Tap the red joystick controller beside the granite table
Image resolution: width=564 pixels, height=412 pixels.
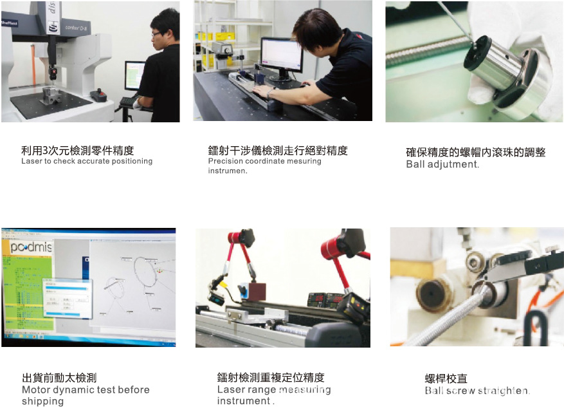click(98, 95)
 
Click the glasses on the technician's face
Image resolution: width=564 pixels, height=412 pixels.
click(156, 34)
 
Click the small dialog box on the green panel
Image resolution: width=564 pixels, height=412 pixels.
click(65, 296)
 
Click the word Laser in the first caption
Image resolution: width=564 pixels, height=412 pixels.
click(30, 162)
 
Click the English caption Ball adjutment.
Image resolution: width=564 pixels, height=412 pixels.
click(442, 164)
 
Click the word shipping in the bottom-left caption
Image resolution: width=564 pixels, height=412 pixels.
click(42, 401)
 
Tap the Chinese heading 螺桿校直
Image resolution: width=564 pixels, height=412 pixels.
click(446, 379)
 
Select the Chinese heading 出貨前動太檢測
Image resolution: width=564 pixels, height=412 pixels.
click(59, 378)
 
